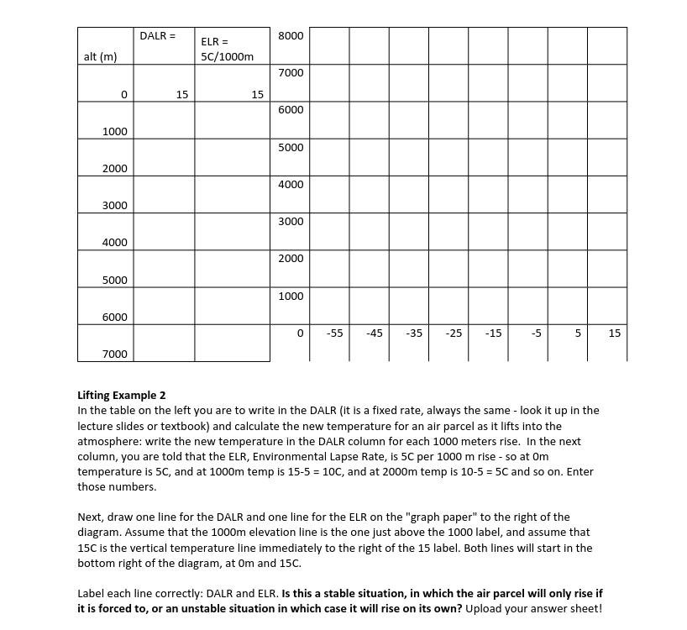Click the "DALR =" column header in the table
(x=157, y=36)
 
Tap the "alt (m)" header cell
(x=100, y=56)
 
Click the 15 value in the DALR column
(x=181, y=94)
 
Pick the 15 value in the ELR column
(x=257, y=94)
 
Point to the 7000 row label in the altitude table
(x=115, y=354)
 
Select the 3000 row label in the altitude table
(x=115, y=205)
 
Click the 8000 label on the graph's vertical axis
(x=291, y=36)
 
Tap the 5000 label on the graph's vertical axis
(x=291, y=147)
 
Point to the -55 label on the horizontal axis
(x=334, y=333)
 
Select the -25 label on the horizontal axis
(x=454, y=333)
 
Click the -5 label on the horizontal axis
(x=536, y=333)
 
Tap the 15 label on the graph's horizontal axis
(x=614, y=333)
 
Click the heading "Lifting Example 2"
(x=122, y=395)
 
